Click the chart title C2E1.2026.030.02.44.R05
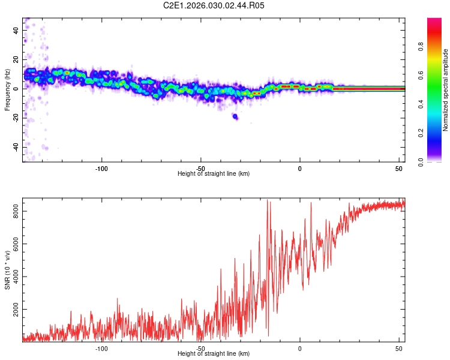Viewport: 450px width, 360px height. click(x=214, y=5)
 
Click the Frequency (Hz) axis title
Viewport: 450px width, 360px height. click(x=7, y=89)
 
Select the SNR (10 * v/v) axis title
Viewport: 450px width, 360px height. click(x=7, y=269)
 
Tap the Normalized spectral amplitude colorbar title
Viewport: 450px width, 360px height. click(x=446, y=90)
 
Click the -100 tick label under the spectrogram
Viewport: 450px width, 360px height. click(x=101, y=168)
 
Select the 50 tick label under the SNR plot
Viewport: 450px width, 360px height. click(x=399, y=348)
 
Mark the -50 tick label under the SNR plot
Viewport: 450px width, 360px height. click(x=200, y=348)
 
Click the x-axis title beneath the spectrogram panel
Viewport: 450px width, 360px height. click(x=214, y=174)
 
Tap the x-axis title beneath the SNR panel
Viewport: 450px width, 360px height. click(x=214, y=354)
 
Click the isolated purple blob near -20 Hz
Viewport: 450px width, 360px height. click(x=235, y=116)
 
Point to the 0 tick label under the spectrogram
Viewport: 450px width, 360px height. click(x=300, y=168)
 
